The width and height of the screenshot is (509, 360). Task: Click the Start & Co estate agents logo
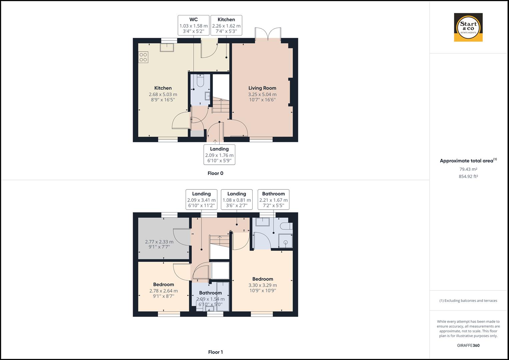tap(468, 27)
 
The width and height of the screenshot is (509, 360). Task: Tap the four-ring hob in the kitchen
tap(143, 57)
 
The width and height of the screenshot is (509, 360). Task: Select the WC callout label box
tap(193, 25)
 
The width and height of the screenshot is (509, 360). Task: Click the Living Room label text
tap(262, 88)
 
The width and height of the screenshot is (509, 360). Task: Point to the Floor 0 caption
tap(215, 173)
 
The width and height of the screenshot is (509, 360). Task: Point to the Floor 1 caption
tap(215, 352)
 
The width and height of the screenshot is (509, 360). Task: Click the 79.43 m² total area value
tap(468, 169)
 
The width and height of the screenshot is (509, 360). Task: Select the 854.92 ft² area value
tap(468, 177)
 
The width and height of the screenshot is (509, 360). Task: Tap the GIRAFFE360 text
tap(468, 345)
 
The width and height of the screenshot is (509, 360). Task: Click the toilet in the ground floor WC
tap(200, 81)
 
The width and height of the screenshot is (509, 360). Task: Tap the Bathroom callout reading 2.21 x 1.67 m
tap(273, 199)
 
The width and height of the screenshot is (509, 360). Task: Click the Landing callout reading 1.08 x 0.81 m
tap(237, 199)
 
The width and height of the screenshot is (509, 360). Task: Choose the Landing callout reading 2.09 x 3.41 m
tap(201, 199)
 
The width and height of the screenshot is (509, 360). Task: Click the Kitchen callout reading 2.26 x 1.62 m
tap(226, 25)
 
